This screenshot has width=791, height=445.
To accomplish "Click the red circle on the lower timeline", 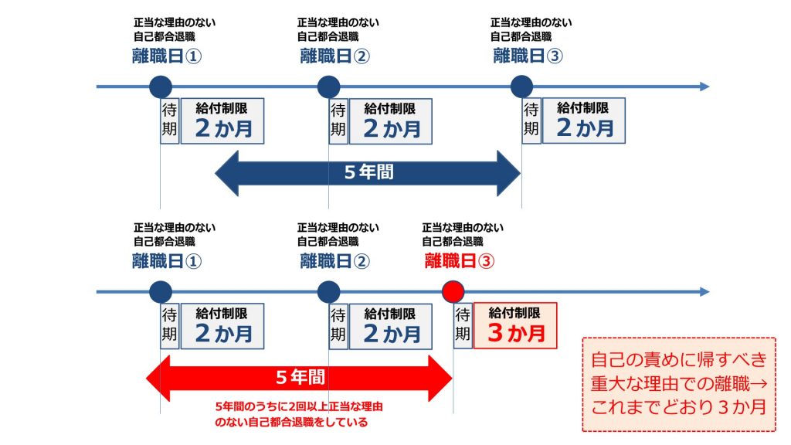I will pyautogui.click(x=453, y=292).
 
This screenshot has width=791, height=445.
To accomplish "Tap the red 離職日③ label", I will pyautogui.click(x=459, y=261).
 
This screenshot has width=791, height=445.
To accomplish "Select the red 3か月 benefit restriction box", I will pyautogui.click(x=515, y=326).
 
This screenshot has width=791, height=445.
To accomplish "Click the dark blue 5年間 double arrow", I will pyautogui.click(x=368, y=172).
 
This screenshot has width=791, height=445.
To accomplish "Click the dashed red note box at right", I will pyautogui.click(x=678, y=384).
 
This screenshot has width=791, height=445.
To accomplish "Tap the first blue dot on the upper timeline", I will pyautogui.click(x=160, y=87).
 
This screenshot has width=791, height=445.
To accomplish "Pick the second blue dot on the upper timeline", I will pyautogui.click(x=328, y=87).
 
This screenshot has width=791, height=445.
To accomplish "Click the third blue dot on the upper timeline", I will pyautogui.click(x=521, y=87).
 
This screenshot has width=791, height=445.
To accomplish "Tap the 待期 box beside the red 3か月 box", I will pyautogui.click(x=463, y=326).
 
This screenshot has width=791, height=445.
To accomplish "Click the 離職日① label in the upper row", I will pyautogui.click(x=168, y=56).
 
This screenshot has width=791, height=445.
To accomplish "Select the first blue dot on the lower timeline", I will pyautogui.click(x=160, y=292).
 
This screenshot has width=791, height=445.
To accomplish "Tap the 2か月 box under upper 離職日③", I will pyautogui.click(x=584, y=121).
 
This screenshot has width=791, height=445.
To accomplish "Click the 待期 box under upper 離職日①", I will pyautogui.click(x=169, y=121).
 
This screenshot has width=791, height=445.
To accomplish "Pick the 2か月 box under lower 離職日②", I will pyautogui.click(x=390, y=326).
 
